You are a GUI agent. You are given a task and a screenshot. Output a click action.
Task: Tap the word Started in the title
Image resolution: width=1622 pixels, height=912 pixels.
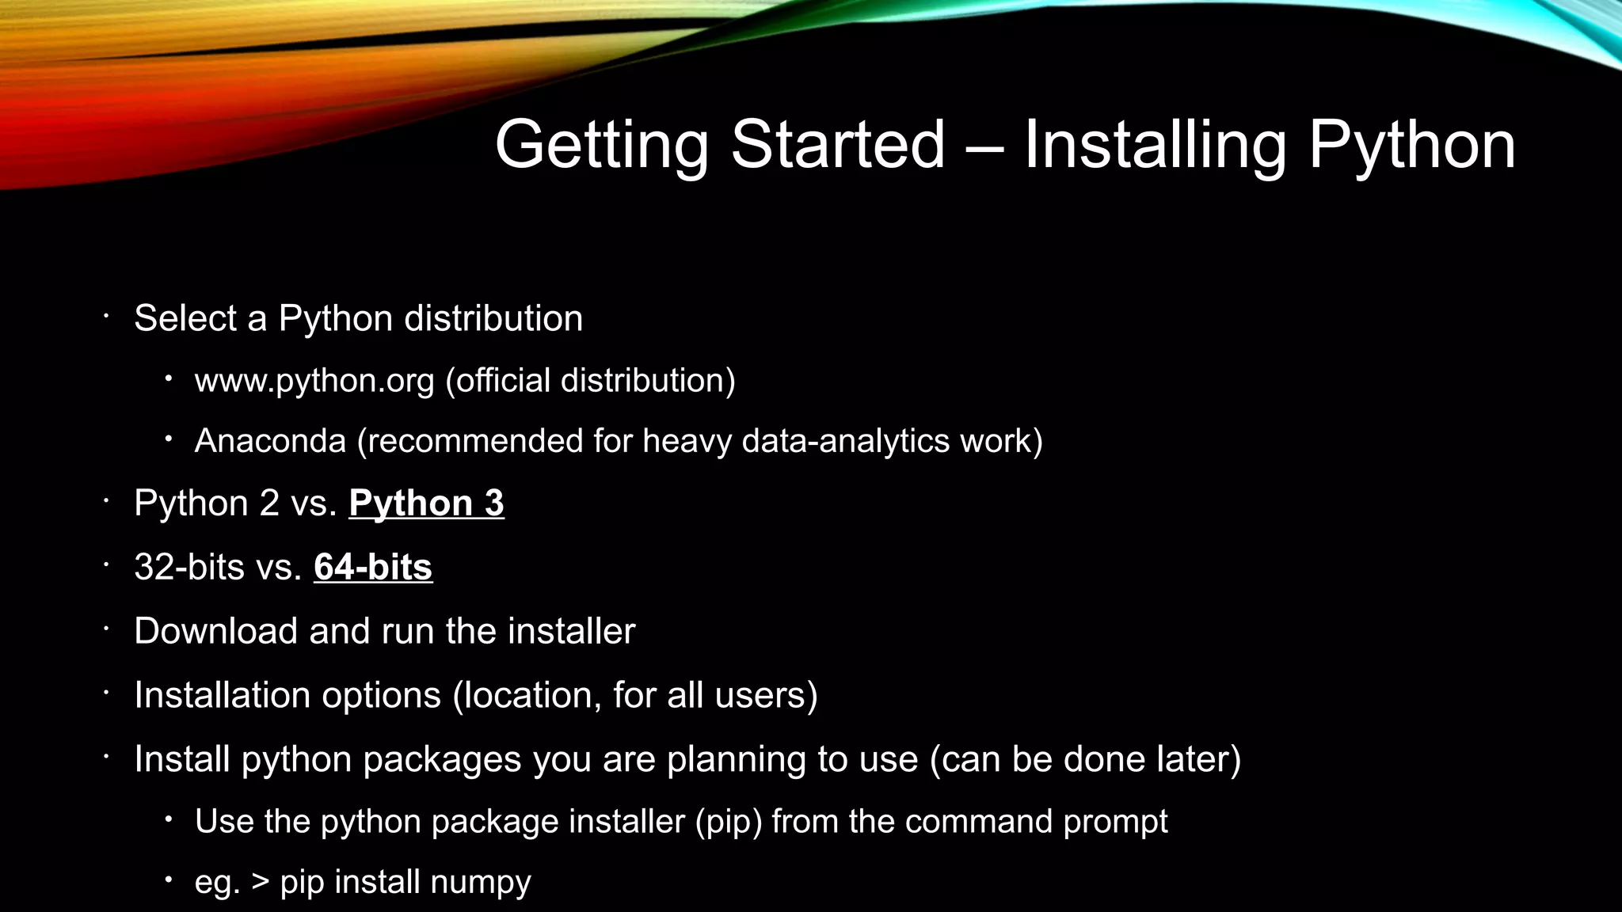[x=837, y=145]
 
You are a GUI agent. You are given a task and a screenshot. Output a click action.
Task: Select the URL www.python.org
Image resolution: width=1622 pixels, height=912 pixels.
[x=314, y=382]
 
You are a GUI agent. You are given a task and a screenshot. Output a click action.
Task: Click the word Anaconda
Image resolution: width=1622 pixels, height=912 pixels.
[x=270, y=441]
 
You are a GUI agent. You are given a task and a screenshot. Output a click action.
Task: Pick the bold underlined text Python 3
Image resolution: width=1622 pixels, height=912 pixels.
[x=426, y=503]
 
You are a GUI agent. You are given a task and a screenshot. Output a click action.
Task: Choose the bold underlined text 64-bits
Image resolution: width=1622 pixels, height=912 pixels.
[x=373, y=568]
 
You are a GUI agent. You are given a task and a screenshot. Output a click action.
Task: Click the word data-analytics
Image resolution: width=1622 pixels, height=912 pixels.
[x=845, y=441]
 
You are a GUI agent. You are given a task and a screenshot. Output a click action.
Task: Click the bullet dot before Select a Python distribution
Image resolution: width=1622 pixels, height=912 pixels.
[x=105, y=317]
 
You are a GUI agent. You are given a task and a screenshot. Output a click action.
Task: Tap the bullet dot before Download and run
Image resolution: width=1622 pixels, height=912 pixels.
[x=105, y=630]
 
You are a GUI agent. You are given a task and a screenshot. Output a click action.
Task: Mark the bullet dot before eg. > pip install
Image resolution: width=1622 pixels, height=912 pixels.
[x=168, y=880]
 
